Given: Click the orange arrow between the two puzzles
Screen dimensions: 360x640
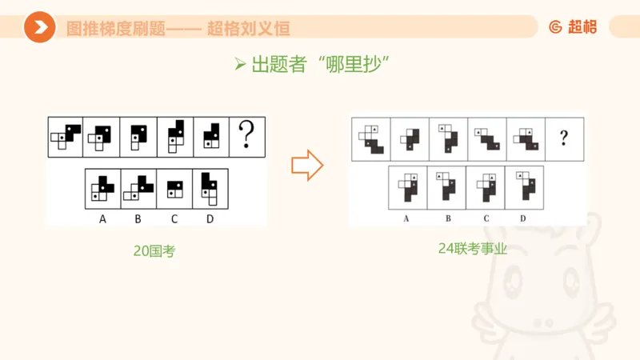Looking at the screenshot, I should coord(307,166).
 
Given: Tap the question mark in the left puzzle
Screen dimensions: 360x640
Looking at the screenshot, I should coord(247,136).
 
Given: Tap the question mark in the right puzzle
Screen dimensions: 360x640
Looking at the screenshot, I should coord(564,138).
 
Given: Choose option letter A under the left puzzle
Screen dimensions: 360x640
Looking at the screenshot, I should coord(102,217).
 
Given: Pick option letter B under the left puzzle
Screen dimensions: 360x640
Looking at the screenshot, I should coord(138,217).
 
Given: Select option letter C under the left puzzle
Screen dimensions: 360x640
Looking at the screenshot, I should coord(174,217).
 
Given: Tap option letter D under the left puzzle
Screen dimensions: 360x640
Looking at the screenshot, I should coord(210,217).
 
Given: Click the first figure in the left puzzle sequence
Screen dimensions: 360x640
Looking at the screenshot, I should coord(66,136).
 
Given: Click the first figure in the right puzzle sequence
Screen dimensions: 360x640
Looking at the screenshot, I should coord(370,138).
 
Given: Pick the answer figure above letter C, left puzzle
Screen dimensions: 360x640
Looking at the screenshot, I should coord(174,189).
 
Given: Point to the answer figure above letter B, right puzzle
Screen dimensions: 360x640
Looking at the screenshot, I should coord(446,187).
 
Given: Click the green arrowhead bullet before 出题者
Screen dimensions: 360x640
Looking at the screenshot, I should coord(239,66).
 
